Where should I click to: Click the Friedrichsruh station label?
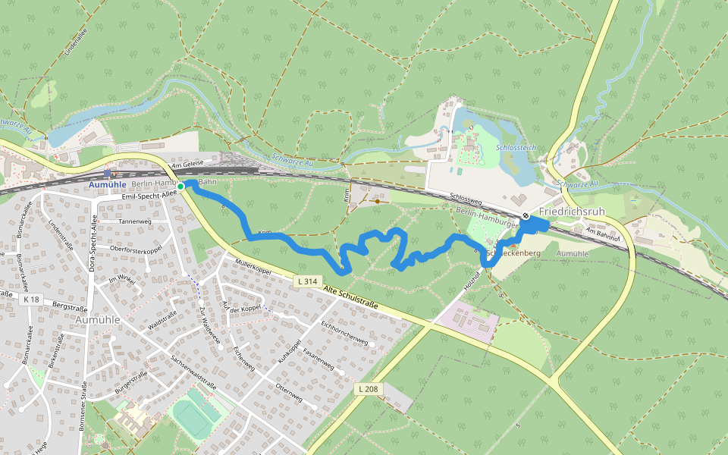[x=573, y=212]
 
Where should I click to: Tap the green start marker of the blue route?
[x=180, y=186]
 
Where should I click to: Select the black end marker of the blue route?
[x=525, y=216]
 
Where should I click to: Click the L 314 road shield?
[x=306, y=281]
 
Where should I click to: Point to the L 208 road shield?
[x=368, y=389]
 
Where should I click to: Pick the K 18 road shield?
[x=30, y=300]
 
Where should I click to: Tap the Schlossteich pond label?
[x=516, y=146]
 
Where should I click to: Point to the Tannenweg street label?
[x=136, y=221]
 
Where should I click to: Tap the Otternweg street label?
[x=290, y=393]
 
